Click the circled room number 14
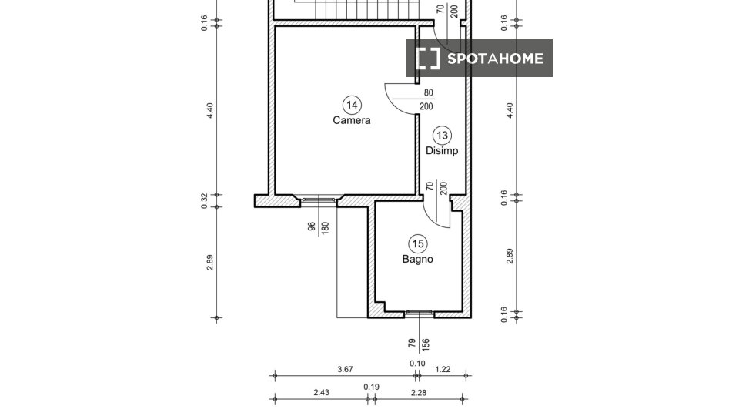(x=352, y=105)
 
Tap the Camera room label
(x=352, y=120)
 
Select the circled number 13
(x=442, y=136)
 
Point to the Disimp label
(x=442, y=151)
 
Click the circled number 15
(x=418, y=244)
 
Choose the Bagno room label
(x=417, y=259)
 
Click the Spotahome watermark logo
(x=480, y=58)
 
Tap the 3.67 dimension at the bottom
(x=345, y=369)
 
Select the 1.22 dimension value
(x=443, y=369)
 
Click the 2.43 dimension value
(x=322, y=392)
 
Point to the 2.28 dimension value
(x=419, y=392)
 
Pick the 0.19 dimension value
(x=371, y=387)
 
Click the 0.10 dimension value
(x=417, y=363)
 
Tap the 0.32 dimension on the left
(x=204, y=201)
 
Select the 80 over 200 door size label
(x=426, y=99)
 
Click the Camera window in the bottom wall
(x=319, y=200)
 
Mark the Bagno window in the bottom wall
(x=420, y=312)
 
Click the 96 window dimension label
(x=312, y=226)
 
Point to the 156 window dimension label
(x=425, y=344)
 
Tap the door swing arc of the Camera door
(x=395, y=105)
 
